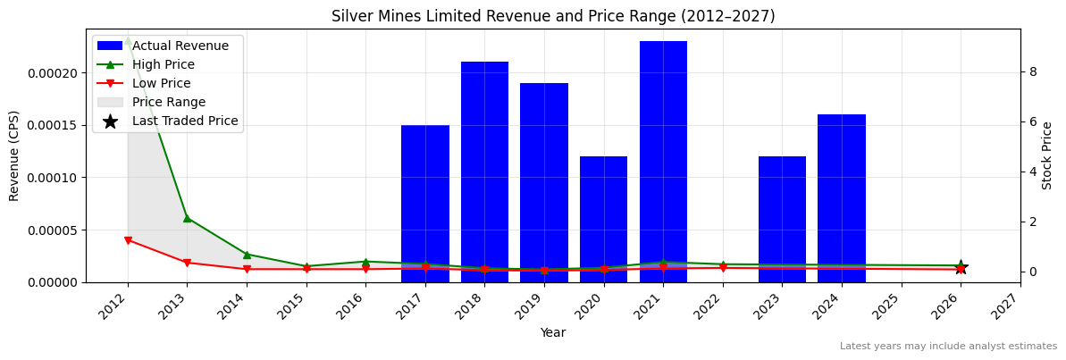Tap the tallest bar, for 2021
[663, 162]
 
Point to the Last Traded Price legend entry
[185, 121]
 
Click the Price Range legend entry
[168, 102]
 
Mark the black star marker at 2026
[961, 267]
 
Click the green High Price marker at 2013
[187, 218]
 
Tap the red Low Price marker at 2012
[128, 240]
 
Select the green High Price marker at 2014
[247, 255]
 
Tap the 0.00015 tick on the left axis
[53, 125]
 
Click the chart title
[553, 16]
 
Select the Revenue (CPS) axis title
[14, 155]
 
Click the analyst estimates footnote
[947, 347]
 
